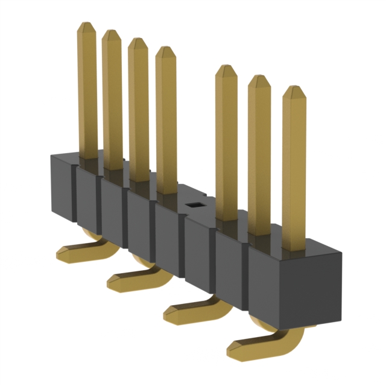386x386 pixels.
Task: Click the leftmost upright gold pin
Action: pos(87,90)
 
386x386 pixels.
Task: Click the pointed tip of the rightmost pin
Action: pos(294,91)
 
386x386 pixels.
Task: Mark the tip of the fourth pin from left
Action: pos(166,52)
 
